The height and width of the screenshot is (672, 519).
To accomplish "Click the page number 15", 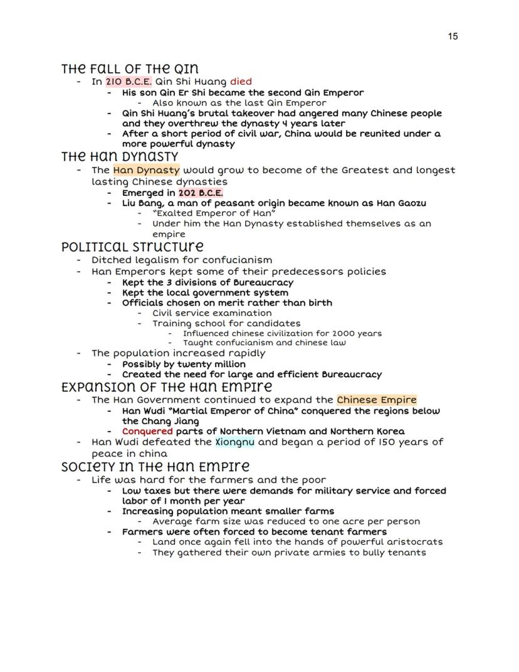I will pos(453,36).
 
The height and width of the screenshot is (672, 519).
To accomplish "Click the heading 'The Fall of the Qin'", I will pos(130,68).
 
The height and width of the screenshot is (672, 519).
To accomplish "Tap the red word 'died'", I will pos(241,82).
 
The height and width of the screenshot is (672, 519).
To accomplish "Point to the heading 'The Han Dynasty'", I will pos(120,157).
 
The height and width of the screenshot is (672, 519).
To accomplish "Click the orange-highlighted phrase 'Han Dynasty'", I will pos(147,170).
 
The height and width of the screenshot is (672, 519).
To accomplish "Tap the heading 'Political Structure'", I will pos(132,247).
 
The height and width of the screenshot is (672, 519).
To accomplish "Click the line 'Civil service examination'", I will pos(212,313).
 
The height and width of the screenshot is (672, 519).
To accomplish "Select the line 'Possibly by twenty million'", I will pos(185,364).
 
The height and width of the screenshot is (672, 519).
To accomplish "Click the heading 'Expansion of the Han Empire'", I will pos(167,387).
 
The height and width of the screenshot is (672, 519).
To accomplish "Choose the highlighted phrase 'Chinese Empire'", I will pos(377,400).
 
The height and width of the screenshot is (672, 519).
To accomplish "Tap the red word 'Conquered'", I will pos(147,431).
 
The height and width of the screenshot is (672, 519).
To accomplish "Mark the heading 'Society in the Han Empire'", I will pos(155,467).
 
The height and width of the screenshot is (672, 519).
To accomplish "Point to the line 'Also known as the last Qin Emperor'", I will pos(239,103).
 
